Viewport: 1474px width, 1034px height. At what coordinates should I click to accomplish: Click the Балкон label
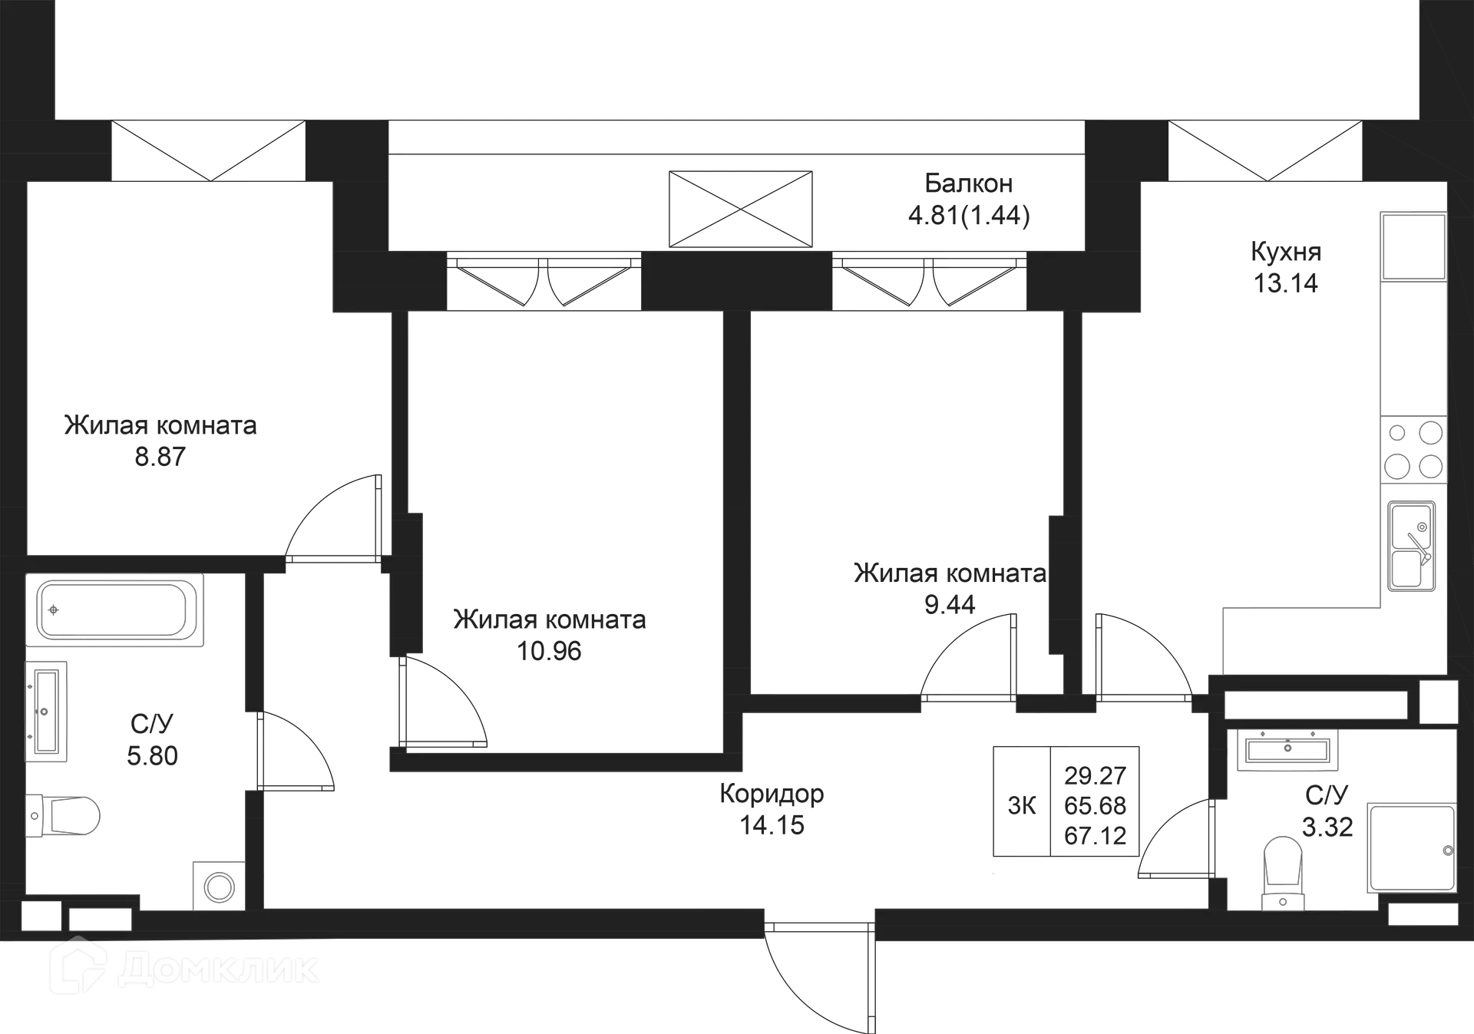coord(967,184)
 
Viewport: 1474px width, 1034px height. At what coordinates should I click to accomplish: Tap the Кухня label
coord(1284,252)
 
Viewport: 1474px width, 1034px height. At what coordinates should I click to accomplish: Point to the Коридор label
coord(773,793)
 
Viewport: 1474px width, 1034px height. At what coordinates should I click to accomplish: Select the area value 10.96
coord(550,651)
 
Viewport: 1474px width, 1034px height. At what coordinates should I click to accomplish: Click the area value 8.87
coord(158,458)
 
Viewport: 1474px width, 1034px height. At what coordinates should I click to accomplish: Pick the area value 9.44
coord(950,605)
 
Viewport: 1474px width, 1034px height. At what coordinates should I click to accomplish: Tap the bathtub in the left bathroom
coord(115,611)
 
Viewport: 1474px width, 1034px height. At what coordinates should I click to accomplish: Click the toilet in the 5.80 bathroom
coord(68,815)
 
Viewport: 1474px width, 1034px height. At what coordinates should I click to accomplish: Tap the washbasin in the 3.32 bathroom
coord(1288,749)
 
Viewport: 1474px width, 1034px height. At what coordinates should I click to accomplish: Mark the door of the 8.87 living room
coord(334,516)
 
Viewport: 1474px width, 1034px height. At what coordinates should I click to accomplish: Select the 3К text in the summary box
coord(1022,805)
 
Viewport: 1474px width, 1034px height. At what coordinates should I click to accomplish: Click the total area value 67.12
coord(1096,834)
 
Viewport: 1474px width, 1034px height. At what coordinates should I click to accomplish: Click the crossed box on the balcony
coord(739,206)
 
